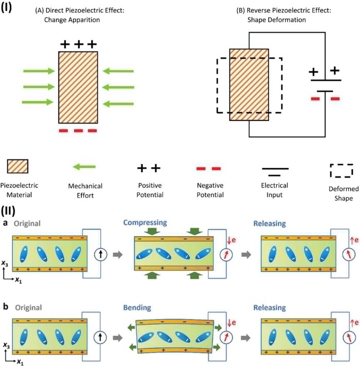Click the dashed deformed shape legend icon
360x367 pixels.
(341, 169)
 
